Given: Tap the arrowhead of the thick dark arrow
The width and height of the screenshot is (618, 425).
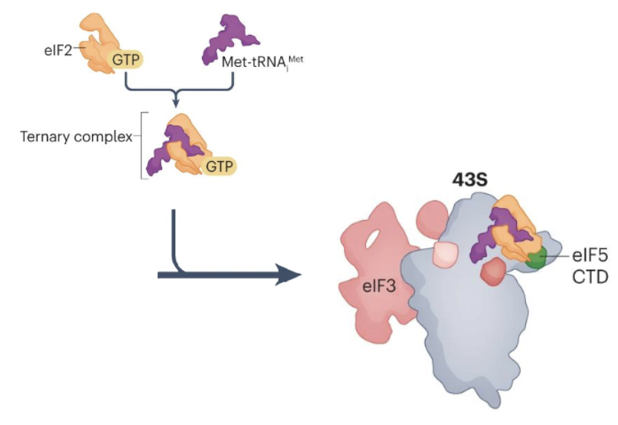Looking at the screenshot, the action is [290, 276].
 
